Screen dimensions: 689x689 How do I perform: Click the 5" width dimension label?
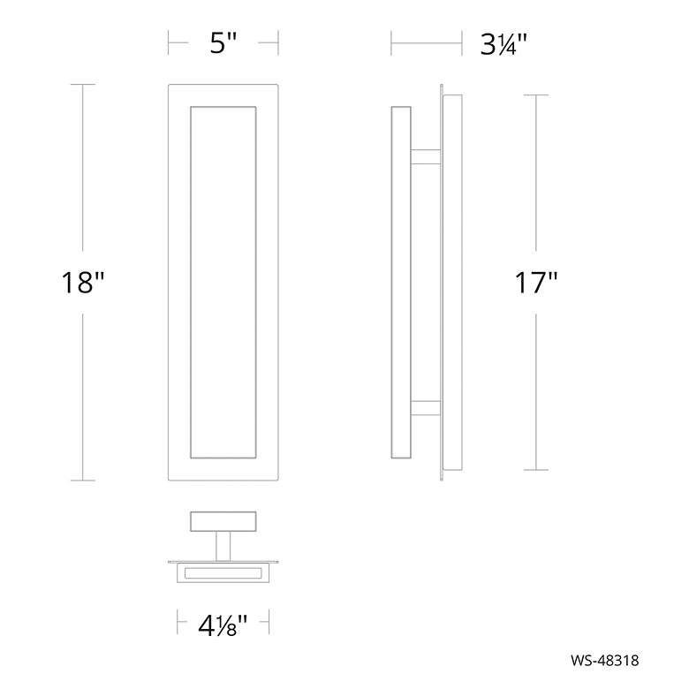click(223, 43)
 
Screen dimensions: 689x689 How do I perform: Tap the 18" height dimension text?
click(83, 282)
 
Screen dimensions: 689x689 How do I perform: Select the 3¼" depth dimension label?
click(503, 44)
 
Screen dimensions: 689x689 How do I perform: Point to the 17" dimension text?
click(535, 283)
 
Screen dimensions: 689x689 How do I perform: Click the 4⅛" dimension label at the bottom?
click(223, 625)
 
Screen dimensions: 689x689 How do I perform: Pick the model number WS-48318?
click(605, 661)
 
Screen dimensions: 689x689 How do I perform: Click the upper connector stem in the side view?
click(426, 157)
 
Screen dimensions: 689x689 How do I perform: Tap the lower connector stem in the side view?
click(426, 408)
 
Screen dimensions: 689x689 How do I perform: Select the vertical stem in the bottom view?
click(223, 546)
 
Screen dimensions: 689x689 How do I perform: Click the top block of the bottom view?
click(223, 521)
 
